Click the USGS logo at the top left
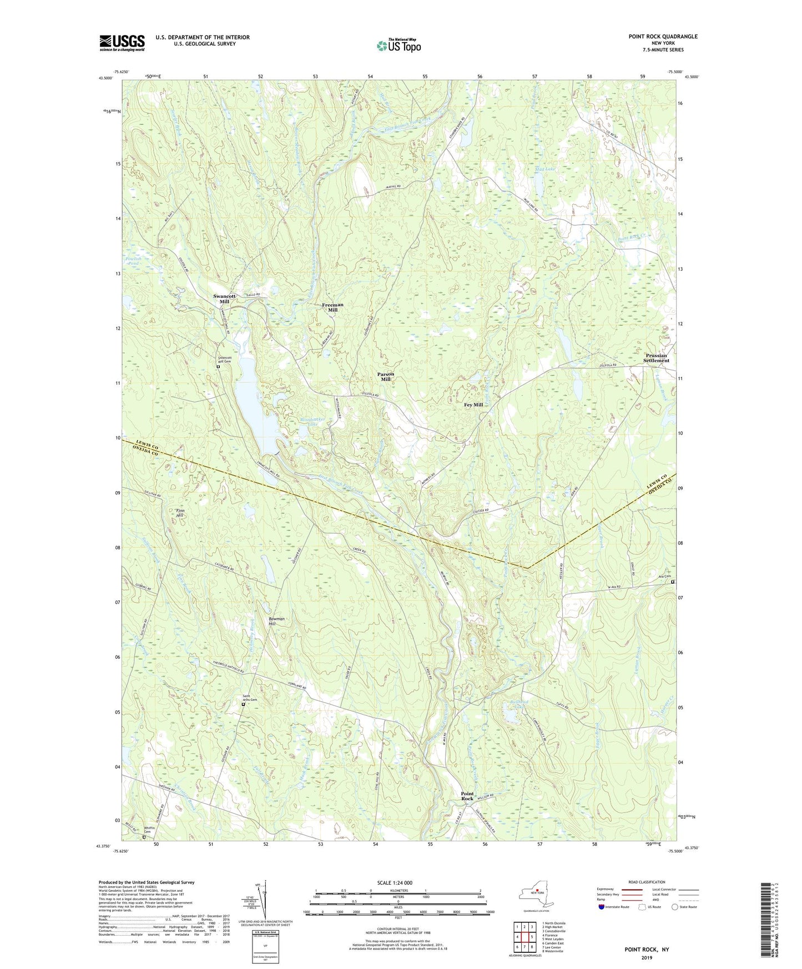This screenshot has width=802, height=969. coord(122,43)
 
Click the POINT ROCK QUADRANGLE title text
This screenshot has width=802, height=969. coord(663,37)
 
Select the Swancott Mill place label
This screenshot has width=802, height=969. coord(225,299)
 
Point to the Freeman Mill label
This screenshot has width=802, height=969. coord(332,307)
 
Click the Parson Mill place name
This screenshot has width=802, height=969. coord(386,376)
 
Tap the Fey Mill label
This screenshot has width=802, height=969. coord(473,405)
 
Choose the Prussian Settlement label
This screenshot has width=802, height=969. coord(656,358)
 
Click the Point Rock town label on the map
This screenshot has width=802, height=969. coord(467,796)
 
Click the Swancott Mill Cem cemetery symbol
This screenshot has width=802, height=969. coord(218,367)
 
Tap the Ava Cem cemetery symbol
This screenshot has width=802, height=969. coord(673,582)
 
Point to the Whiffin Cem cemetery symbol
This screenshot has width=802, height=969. coord(144,837)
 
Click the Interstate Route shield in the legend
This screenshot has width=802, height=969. coord(602,907)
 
